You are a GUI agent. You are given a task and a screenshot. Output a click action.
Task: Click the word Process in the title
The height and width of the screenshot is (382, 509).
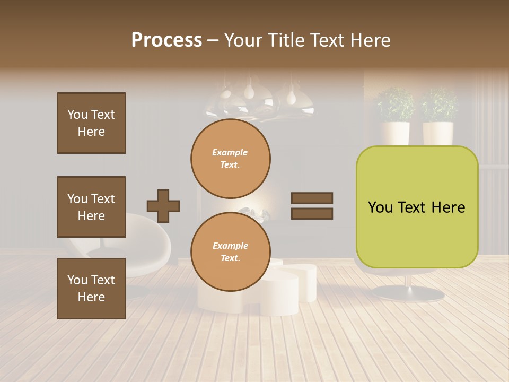point(166,40)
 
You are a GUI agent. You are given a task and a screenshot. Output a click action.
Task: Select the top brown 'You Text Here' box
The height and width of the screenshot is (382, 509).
point(91,123)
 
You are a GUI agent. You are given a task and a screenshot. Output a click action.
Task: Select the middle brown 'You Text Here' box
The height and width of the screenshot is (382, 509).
point(91,207)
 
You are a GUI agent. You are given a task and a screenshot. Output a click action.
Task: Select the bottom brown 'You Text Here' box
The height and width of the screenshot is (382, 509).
point(91,288)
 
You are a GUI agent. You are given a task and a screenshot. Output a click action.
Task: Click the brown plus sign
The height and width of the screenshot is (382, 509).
point(163,206)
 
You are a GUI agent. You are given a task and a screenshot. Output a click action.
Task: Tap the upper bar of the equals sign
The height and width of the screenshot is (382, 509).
point(312,198)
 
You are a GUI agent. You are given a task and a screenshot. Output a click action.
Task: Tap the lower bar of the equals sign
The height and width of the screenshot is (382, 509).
point(312,214)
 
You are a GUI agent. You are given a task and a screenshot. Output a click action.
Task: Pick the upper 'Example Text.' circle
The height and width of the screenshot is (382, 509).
point(230,159)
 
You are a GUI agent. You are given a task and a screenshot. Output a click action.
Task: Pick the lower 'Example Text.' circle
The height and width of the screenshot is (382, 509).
point(230,251)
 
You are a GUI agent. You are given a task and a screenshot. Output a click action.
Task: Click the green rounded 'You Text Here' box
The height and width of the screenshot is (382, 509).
point(417,207)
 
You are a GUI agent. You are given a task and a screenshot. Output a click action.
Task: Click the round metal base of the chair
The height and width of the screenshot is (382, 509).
point(407,293)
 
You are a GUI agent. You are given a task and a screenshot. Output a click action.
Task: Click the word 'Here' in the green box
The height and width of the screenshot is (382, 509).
point(448,207)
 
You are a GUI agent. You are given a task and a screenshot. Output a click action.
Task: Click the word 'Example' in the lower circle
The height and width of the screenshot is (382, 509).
point(230,246)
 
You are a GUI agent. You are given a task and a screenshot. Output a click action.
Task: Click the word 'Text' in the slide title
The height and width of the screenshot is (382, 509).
point(327,40)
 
